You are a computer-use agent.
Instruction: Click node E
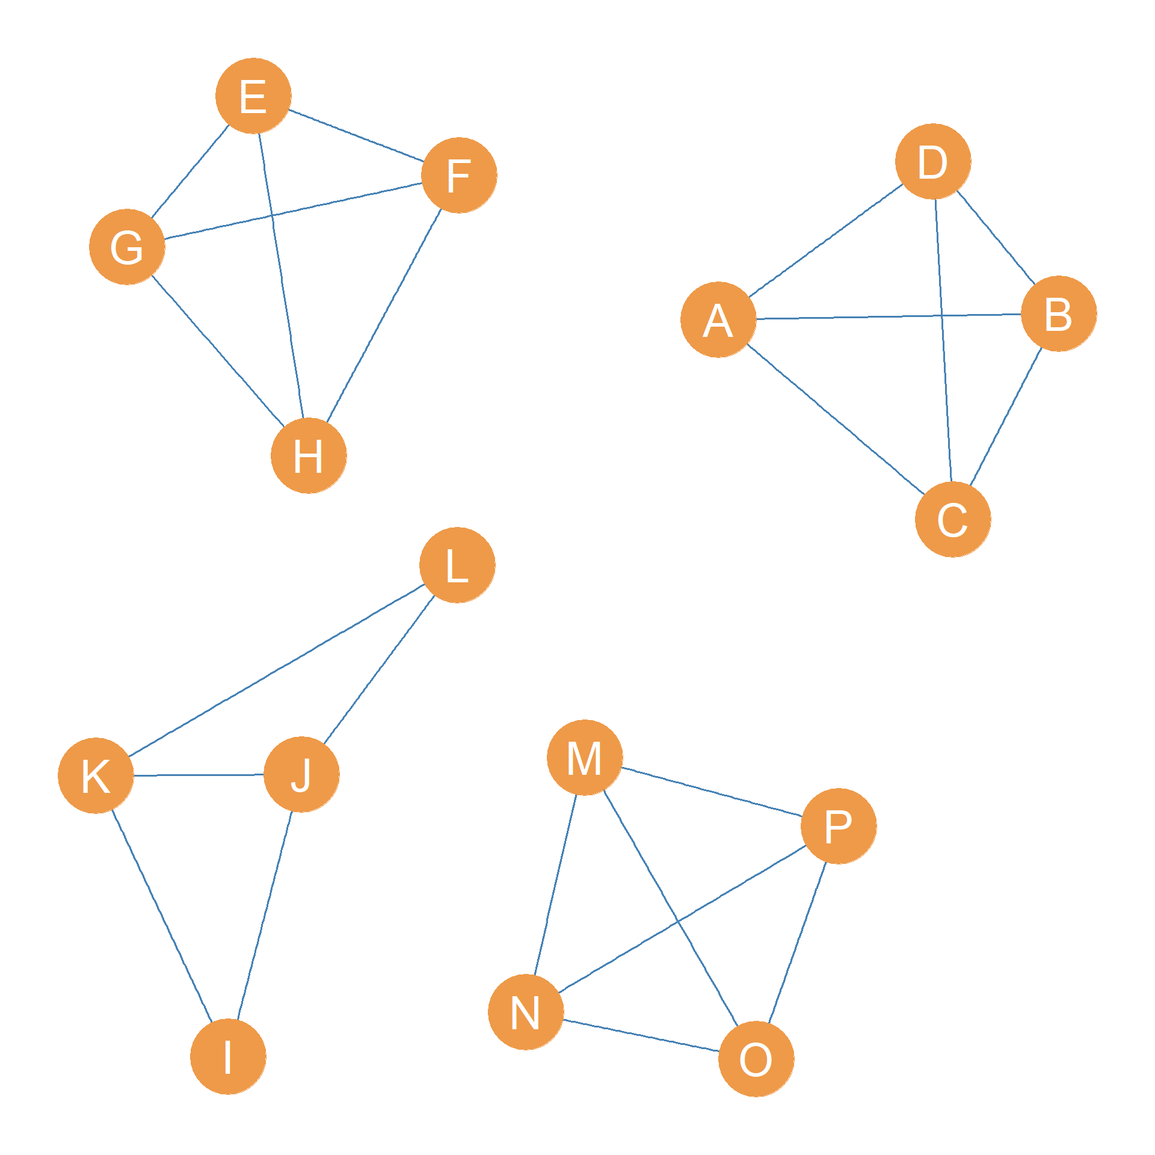pos(253,96)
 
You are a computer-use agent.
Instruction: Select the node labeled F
pos(459,175)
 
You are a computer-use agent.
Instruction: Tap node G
pos(127,247)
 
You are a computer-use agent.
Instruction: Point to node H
pos(309,455)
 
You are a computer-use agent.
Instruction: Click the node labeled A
pos(718,319)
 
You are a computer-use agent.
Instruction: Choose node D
pos(933,161)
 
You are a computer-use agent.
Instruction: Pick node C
pos(953,519)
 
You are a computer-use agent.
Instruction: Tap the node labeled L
pos(457,565)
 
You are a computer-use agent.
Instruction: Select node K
pos(96,775)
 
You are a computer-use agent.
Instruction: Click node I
pos(228,1056)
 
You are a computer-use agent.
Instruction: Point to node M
pos(585,757)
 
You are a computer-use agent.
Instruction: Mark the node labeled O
pos(756,1059)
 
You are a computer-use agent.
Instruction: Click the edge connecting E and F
pos(356,135)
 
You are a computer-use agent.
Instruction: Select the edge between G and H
pos(218,351)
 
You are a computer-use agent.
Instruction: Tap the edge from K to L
pos(277,670)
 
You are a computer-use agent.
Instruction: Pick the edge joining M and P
pos(712,792)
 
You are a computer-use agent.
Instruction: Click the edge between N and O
pos(641,1035)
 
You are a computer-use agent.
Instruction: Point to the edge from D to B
pos(996,237)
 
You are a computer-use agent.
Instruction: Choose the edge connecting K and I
pos(162,916)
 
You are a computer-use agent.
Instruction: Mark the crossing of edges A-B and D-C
pos(941,315)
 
